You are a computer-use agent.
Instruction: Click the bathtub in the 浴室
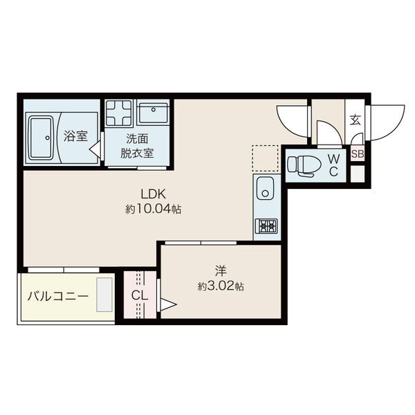[41, 138]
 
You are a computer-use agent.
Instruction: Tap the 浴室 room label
[75, 136]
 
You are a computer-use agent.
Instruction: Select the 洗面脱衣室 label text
[137, 146]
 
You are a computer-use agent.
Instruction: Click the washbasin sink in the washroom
[154, 113]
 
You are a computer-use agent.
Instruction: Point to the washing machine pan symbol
[119, 113]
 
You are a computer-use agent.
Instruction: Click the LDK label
[154, 194]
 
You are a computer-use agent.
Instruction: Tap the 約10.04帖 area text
[154, 210]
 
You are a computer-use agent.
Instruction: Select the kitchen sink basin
[266, 188]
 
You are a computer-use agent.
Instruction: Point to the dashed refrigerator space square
[265, 158]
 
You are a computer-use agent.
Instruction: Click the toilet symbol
[304, 165]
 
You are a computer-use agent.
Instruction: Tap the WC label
[334, 165]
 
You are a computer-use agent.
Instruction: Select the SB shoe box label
[358, 154]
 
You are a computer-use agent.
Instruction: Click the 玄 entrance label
[356, 120]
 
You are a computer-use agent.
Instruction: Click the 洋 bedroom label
[221, 270]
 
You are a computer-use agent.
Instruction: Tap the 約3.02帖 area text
[221, 286]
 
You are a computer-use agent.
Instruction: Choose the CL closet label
[140, 295]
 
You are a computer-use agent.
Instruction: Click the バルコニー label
[58, 296]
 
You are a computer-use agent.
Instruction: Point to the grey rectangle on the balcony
[104, 295]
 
